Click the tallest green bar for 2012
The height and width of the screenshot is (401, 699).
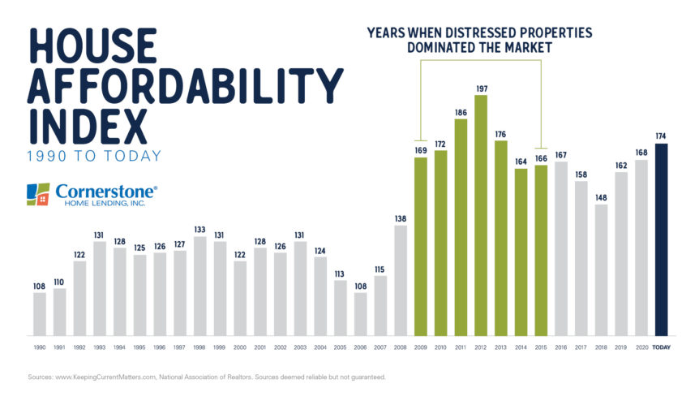[481, 215]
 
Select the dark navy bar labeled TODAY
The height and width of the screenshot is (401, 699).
[661, 239]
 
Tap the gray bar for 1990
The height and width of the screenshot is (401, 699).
[40, 314]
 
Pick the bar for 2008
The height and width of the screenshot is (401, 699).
[401, 280]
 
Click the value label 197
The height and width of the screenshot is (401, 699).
[481, 88]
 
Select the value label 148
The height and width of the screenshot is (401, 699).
[601, 196]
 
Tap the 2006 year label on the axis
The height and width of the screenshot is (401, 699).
[361, 347]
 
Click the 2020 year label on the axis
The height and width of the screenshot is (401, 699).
[641, 347]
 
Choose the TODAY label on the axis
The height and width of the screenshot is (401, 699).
[661, 347]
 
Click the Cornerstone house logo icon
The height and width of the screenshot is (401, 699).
[38, 194]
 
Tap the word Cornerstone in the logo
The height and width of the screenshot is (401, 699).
[106, 190]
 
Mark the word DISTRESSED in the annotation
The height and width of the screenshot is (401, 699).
[474, 33]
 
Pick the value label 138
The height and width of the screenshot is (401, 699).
[401, 218]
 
